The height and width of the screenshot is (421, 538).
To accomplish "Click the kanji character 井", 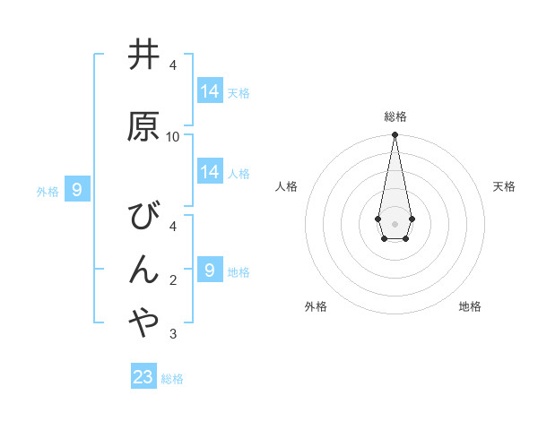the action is pyautogui.click(x=143, y=55).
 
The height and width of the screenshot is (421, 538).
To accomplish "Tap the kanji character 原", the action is pyautogui.click(x=143, y=126).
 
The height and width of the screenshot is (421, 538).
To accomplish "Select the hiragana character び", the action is pyautogui.click(x=143, y=216).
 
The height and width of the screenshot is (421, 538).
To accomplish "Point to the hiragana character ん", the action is pyautogui.click(x=143, y=270).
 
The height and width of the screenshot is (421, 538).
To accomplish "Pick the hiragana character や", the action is pyautogui.click(x=143, y=323).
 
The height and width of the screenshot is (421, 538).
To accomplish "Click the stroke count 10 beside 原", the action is pyautogui.click(x=173, y=136).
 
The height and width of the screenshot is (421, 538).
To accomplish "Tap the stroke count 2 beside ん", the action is pyautogui.click(x=173, y=280).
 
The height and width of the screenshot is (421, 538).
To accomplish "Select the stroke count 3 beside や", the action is pyautogui.click(x=173, y=334).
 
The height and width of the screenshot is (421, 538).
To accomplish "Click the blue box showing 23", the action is pyautogui.click(x=143, y=377).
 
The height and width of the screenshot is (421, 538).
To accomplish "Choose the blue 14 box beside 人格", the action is pyautogui.click(x=210, y=172).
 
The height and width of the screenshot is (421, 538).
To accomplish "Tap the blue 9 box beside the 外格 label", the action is pyautogui.click(x=77, y=189).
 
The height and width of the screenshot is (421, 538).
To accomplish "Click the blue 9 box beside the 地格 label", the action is pyautogui.click(x=210, y=271).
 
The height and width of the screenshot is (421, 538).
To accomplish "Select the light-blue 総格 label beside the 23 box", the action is pyautogui.click(x=172, y=379).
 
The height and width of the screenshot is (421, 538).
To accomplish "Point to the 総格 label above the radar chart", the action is pyautogui.click(x=395, y=116).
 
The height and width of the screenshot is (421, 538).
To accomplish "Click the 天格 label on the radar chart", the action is pyautogui.click(x=505, y=186).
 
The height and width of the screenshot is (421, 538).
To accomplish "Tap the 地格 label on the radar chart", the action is pyautogui.click(x=470, y=306).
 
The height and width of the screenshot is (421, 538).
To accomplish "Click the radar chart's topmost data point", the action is pyautogui.click(x=395, y=134).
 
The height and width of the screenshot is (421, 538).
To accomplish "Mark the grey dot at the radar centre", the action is pyautogui.click(x=395, y=223).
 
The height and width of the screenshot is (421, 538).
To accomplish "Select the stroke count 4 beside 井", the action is pyautogui.click(x=173, y=64).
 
